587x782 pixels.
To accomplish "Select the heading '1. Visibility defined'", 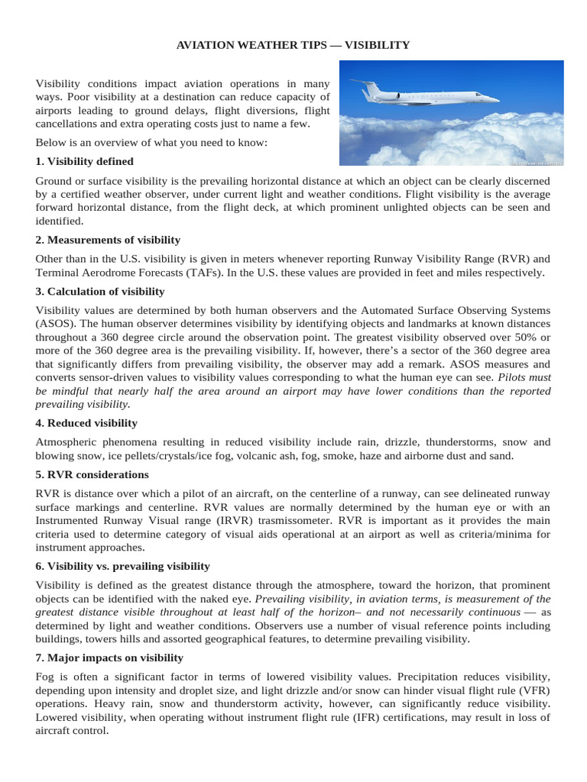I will [85, 161].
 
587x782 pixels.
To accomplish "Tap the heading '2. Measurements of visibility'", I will [108, 240].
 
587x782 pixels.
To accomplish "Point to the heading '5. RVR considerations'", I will [92, 474].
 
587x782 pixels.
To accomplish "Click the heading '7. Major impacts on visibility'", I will [109, 658].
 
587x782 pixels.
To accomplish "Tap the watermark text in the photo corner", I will [537, 162].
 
